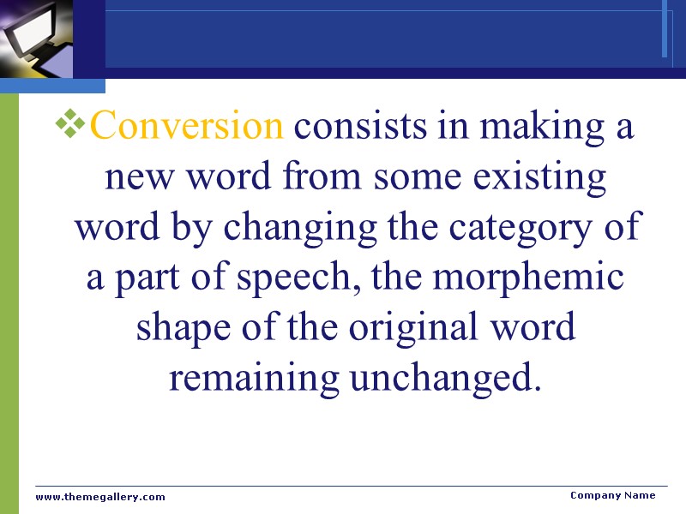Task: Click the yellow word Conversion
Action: [186, 127]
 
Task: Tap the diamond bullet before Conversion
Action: [70, 126]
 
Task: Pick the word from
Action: [333, 179]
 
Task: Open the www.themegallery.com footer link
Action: [100, 497]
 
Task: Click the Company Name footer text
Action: [613, 495]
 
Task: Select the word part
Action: [147, 280]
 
